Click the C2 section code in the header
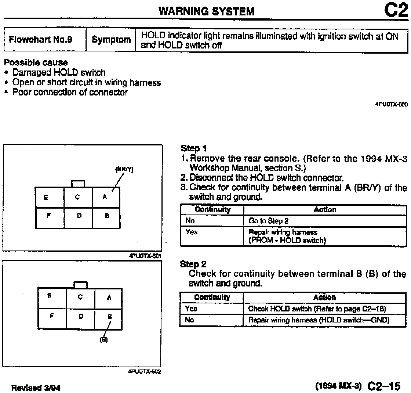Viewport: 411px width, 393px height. [396, 10]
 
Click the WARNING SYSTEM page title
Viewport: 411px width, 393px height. [206, 11]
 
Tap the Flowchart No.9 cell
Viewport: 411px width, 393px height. [40, 40]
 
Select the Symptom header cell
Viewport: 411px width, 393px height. [111, 40]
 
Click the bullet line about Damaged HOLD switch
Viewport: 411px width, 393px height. [59, 72]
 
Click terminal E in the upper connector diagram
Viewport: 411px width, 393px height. [46, 197]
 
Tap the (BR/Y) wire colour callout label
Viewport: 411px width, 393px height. [124, 169]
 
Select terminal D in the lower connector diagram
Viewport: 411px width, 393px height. [81, 316]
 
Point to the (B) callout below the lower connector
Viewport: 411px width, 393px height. [103, 340]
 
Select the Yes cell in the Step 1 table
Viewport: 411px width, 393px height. [191, 232]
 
